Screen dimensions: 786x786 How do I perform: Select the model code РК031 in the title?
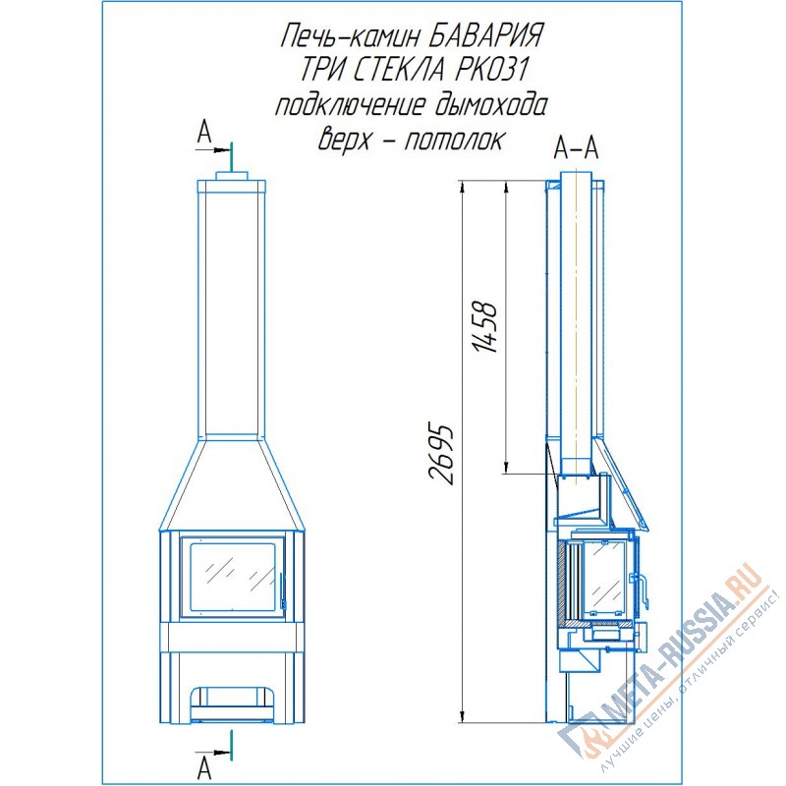pyautogui.click(x=490, y=71)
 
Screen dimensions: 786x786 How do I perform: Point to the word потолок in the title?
pyautogui.click(x=453, y=140)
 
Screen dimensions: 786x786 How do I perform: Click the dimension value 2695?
pyautogui.click(x=441, y=454)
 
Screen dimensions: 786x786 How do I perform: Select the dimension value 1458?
pyautogui.click(x=485, y=328)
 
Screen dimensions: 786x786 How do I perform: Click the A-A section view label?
pyautogui.click(x=577, y=148)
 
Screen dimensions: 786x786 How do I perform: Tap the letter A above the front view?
pyautogui.click(x=204, y=133)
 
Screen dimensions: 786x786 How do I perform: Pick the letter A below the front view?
pyautogui.click(x=204, y=768)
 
